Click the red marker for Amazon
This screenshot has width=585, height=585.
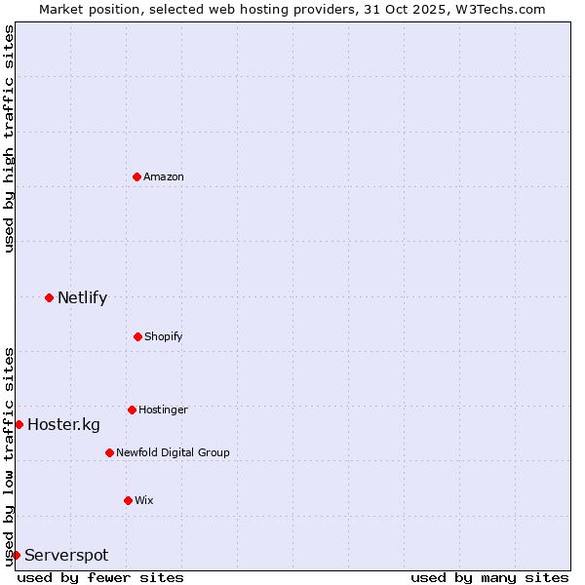click(137, 176)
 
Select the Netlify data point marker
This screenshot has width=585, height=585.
click(49, 297)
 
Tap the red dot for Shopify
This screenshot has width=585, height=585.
click(137, 336)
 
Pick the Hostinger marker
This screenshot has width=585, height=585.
click(132, 409)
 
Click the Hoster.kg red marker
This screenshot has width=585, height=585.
click(19, 424)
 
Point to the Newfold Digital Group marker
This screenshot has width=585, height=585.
click(109, 452)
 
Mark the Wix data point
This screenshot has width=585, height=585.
click(128, 500)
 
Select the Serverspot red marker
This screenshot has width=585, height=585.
click(16, 555)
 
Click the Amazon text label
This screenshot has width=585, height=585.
click(164, 176)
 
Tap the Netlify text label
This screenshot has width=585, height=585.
click(82, 297)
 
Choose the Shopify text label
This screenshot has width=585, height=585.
click(164, 336)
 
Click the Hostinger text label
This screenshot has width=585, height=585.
click(163, 409)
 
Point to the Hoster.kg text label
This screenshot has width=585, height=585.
click(63, 424)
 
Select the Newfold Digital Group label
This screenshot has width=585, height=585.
click(173, 452)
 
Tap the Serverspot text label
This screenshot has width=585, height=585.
click(66, 555)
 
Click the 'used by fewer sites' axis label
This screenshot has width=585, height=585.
click(100, 577)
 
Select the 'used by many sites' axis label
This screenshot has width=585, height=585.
click(489, 577)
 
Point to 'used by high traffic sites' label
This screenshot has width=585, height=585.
click(9, 139)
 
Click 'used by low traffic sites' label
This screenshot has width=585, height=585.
click(9, 456)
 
